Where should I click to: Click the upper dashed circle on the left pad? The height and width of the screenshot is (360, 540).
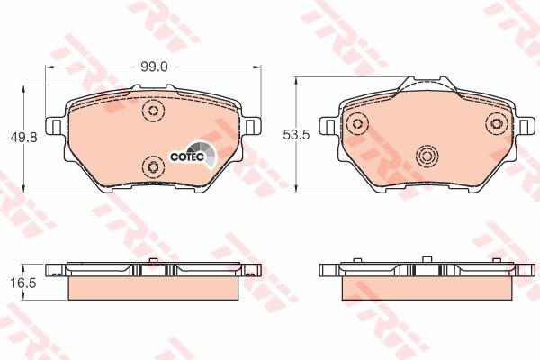tap(152, 112)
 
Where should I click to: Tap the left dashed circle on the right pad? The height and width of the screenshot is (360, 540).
tap(358, 124)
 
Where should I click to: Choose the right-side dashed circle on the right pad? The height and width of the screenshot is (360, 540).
tap(493, 124)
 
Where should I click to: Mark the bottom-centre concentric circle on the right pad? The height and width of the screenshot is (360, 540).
tap(426, 158)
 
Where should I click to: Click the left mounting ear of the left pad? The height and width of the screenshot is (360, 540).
tap(56, 127)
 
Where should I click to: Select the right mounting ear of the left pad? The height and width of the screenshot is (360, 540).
tap(253, 127)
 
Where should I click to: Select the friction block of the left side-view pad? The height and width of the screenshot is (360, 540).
tap(153, 286)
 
